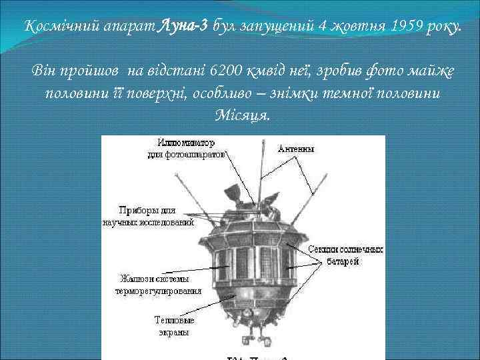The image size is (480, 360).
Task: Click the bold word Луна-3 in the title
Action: tap(183, 25)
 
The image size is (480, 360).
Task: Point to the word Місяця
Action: tap(244, 114)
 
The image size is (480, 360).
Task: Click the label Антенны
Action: tap(297, 149)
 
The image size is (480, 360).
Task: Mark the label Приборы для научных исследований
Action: tap(147, 217)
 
